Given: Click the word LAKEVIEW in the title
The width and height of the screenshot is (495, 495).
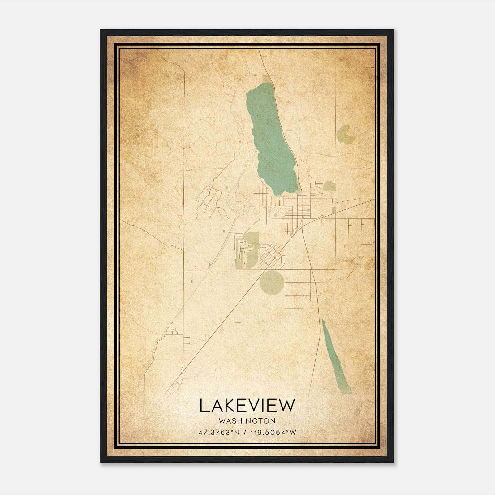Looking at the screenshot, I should point(247,406).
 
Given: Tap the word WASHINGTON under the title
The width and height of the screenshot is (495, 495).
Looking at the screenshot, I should point(247,421).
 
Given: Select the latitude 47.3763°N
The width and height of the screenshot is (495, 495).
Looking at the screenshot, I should point(219,433).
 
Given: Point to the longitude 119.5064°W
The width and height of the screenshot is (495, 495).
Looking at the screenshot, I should point(273,433).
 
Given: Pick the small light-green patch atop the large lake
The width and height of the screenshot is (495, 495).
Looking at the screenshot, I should point(267,80).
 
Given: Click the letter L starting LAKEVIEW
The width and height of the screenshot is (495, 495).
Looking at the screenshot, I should point(204,406).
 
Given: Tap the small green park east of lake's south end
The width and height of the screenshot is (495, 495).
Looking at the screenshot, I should point(329,186).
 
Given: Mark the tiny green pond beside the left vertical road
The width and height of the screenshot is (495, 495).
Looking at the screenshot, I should point(191,281).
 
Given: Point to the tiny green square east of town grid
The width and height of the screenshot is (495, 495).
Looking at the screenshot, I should point(334,210).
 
